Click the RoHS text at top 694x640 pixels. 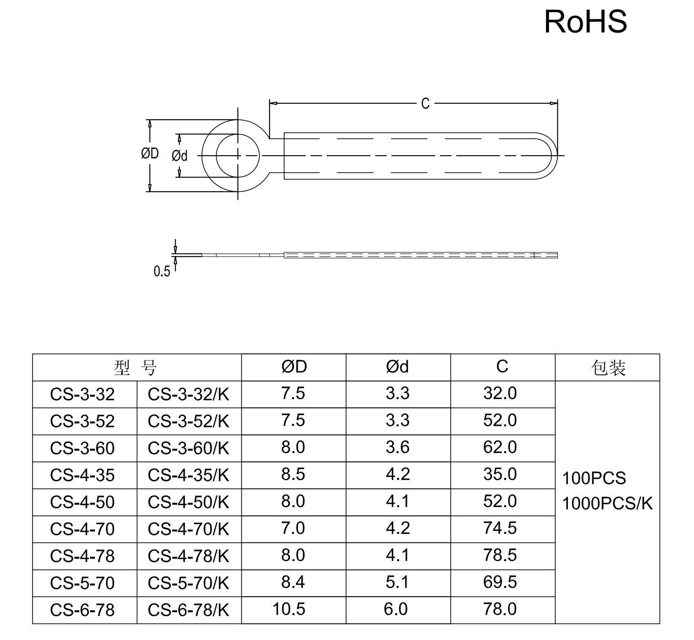coord(585,22)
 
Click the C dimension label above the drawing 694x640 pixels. coord(425,103)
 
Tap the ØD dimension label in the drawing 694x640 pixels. coord(150,154)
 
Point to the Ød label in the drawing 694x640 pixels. coord(180,156)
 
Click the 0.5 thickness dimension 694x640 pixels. coord(162,272)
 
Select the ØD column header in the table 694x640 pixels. coord(294,367)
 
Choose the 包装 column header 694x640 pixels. coord(608,367)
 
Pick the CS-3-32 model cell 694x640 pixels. coord(82,394)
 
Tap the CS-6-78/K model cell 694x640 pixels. coord(188,610)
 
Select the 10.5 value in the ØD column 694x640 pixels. coord(289,609)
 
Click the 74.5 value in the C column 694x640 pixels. coord(500,528)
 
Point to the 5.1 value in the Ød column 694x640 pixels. coord(397,582)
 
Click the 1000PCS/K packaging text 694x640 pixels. coord(607,503)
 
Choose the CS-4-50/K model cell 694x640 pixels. coord(188,502)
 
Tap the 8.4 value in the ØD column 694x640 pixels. coord(293,582)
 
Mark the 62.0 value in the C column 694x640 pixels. coord(500,447)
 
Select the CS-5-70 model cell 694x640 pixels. coord(82,583)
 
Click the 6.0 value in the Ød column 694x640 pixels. coord(396,609)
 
